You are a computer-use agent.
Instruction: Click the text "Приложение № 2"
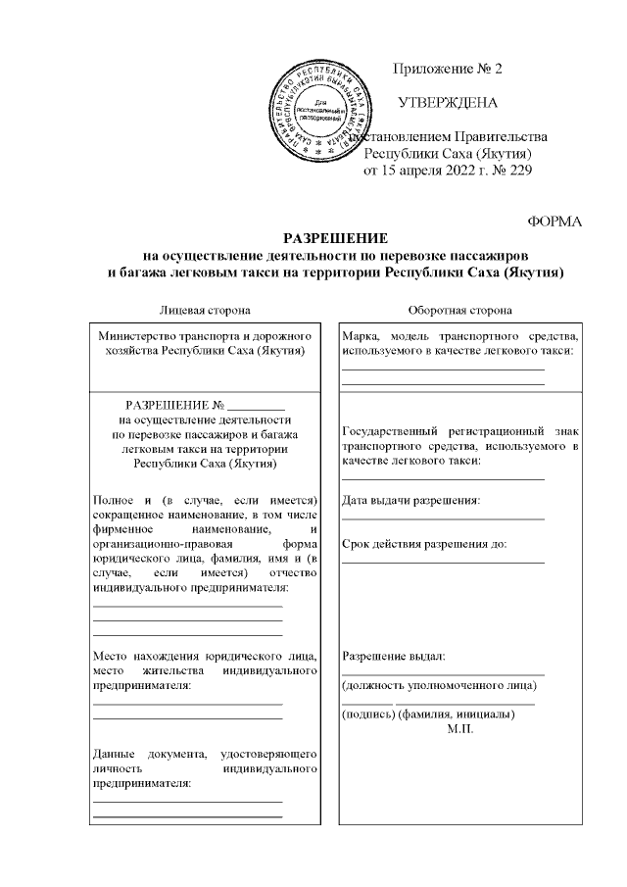coord(446,69)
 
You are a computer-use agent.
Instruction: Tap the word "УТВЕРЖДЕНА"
coord(447,102)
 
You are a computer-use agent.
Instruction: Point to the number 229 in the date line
coord(518,172)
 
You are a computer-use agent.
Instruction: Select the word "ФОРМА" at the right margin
coord(555,222)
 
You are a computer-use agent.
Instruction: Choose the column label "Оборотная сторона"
coord(459,311)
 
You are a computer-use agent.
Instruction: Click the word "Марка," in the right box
coord(362,335)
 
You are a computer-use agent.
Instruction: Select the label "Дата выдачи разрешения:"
coord(410,501)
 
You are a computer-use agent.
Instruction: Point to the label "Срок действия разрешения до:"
coord(423,542)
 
